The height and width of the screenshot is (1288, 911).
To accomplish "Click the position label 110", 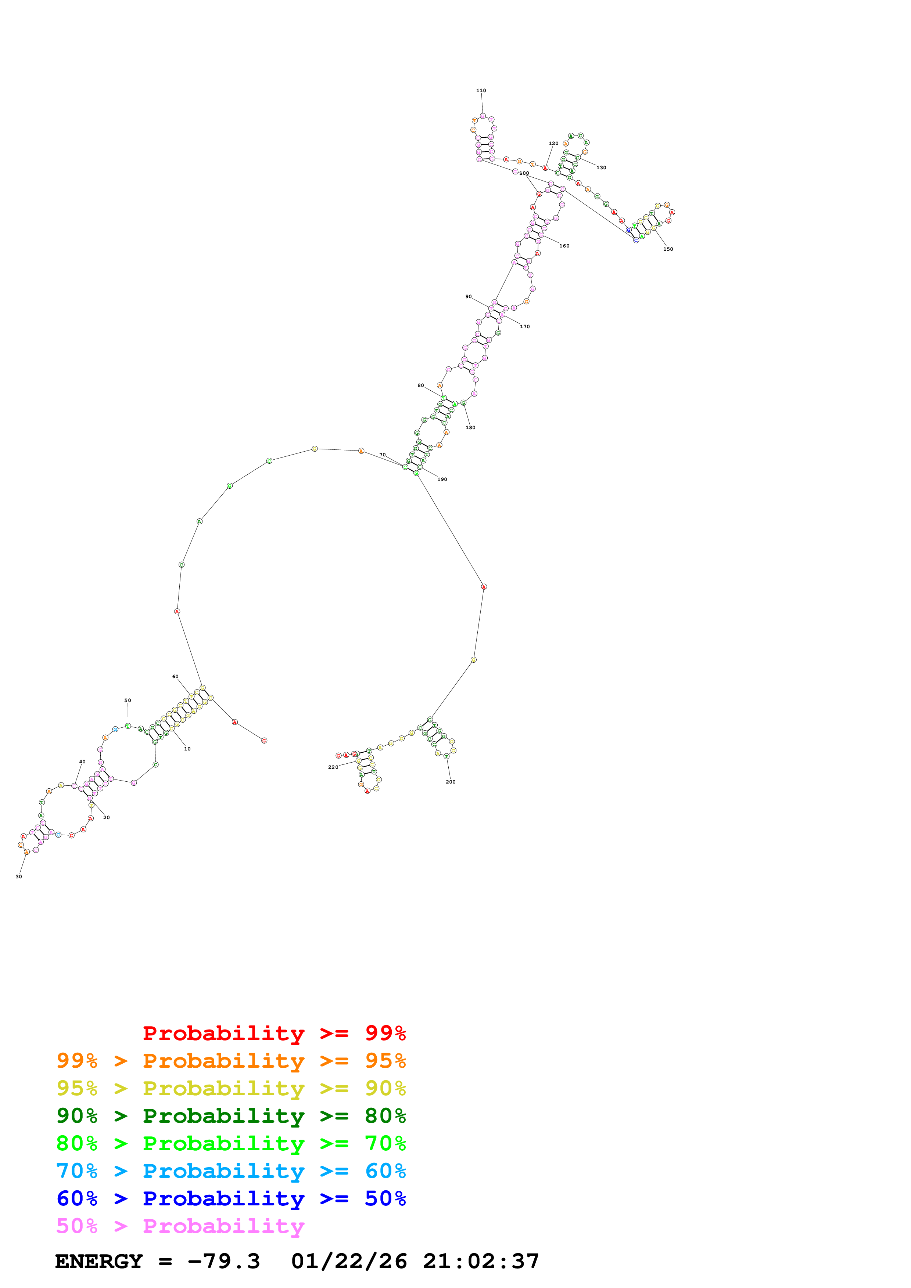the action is (x=481, y=90).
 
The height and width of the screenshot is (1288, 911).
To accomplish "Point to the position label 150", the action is (x=668, y=249).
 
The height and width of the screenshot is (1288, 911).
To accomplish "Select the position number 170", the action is (x=525, y=326).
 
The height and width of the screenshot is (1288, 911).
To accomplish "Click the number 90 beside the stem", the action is (x=469, y=297).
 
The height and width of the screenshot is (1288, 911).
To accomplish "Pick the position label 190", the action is (x=442, y=480).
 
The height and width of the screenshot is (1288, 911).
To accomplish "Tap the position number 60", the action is (x=175, y=677).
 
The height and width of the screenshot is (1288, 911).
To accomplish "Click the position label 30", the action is (x=18, y=877).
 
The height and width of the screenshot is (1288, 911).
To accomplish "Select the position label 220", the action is (x=333, y=767).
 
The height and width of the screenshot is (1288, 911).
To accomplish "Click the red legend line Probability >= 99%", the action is (x=274, y=1033).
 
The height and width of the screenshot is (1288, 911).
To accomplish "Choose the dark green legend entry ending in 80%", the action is (x=231, y=1116).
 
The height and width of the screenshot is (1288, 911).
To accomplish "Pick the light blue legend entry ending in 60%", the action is (x=231, y=1171).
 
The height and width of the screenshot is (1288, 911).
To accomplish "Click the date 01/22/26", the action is (x=349, y=1262).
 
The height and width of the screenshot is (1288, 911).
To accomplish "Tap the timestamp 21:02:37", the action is (x=481, y=1262).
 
